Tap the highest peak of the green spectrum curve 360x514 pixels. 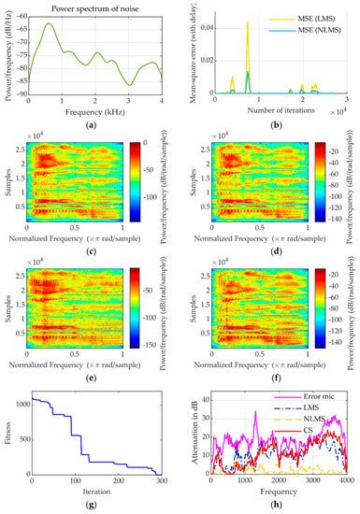48,23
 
